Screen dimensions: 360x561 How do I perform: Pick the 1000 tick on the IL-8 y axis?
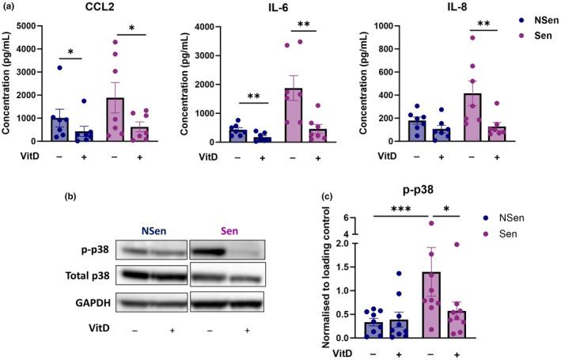click(x=403, y=26)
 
